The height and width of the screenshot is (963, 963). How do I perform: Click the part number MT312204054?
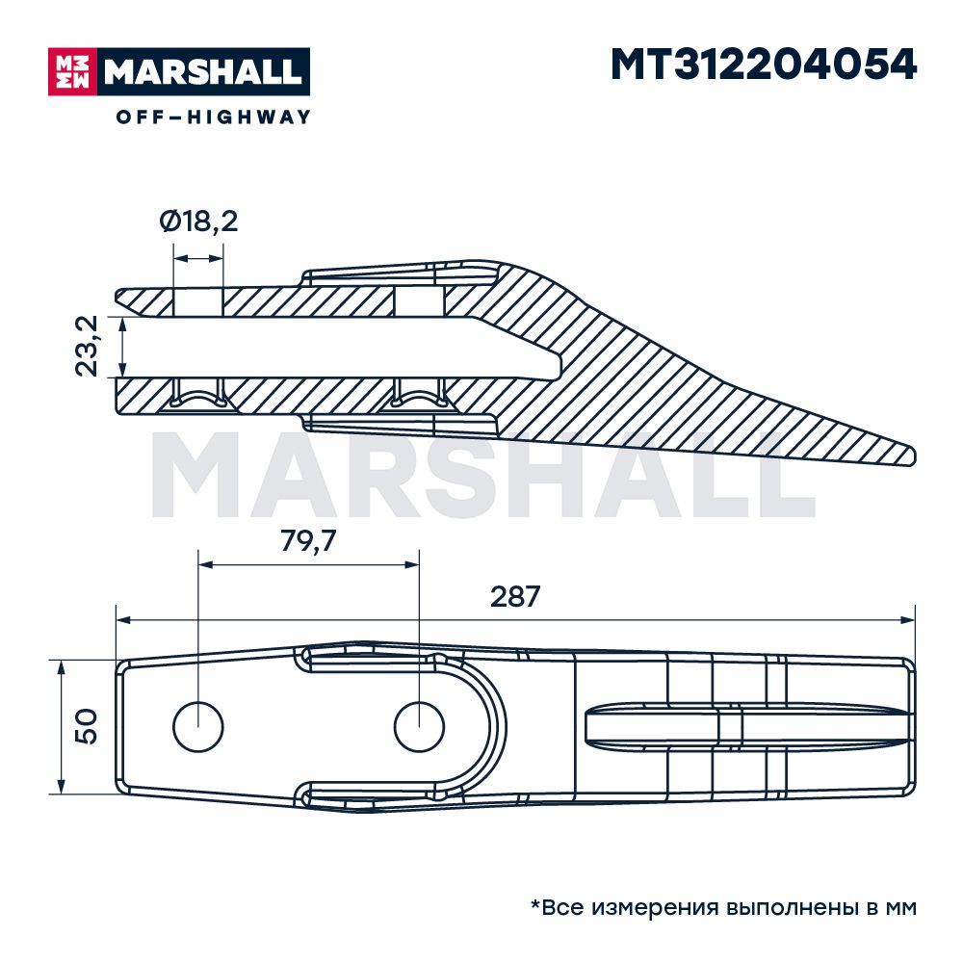point(764,65)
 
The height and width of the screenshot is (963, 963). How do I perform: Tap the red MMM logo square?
point(72,72)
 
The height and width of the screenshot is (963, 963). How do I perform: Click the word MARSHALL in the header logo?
point(203,72)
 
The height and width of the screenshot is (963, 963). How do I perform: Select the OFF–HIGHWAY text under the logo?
point(214,117)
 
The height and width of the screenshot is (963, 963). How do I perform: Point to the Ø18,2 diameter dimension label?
point(198,221)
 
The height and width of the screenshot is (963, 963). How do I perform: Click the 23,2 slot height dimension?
point(87,346)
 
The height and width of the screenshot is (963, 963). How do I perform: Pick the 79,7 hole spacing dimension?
point(308,541)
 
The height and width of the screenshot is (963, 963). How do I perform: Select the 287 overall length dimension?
point(515,596)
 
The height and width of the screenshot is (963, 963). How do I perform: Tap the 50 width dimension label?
point(86,727)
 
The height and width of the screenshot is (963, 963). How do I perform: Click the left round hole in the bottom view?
point(198,726)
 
